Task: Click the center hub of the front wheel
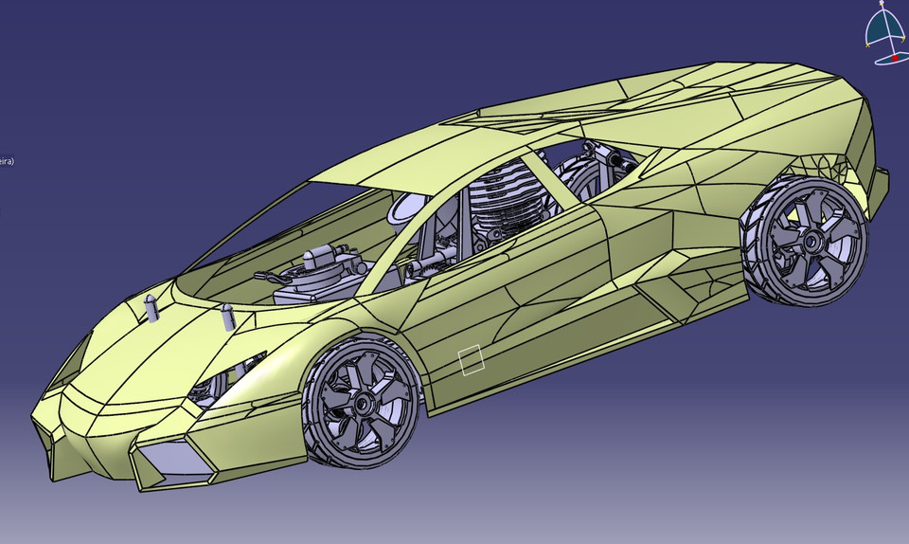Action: tap(363, 402)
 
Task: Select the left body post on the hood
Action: tap(151, 308)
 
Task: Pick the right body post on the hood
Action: tap(226, 316)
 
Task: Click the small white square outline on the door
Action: tap(472, 360)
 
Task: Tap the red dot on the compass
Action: tap(896, 57)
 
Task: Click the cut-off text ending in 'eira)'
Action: tap(6, 161)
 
